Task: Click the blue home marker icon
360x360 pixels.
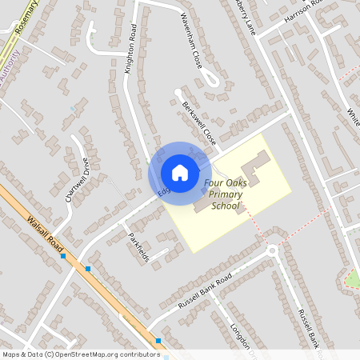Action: pyautogui.click(x=180, y=173)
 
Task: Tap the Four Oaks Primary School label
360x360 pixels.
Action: pyautogui.click(x=225, y=194)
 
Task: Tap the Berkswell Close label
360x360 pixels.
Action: pyautogui.click(x=199, y=122)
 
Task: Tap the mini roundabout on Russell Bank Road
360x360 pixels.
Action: pyautogui.click(x=272, y=250)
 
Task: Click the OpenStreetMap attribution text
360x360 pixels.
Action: pyautogui.click(x=80, y=354)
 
